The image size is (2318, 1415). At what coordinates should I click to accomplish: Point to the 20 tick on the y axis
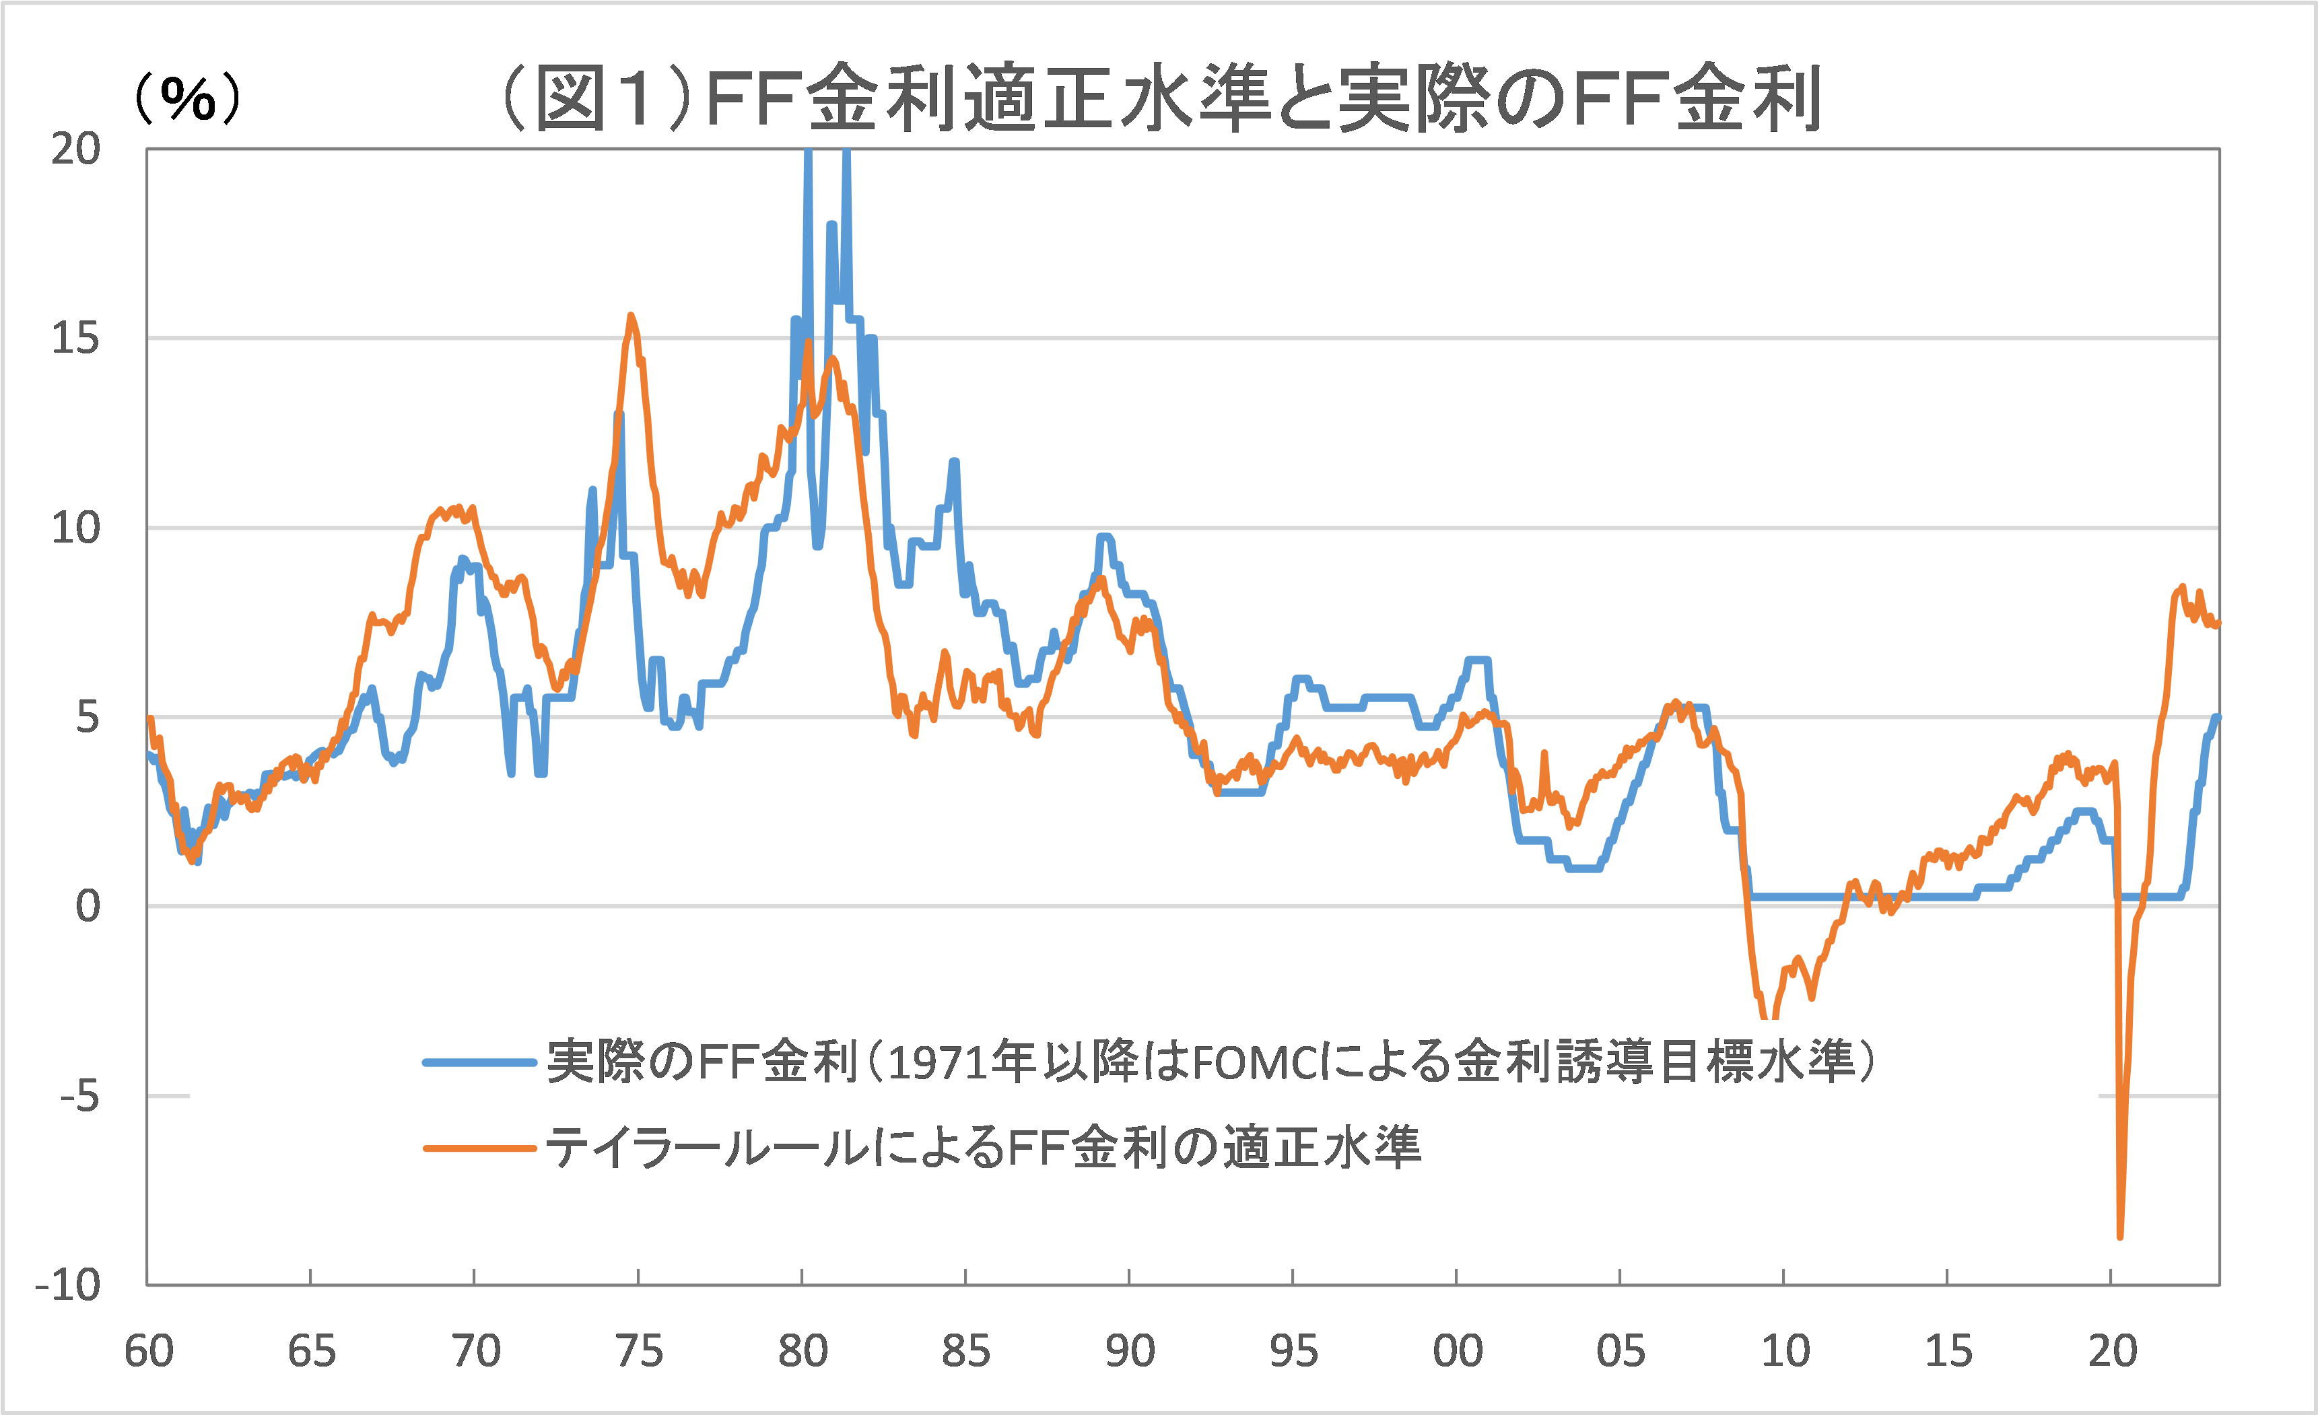pyautogui.click(x=75, y=149)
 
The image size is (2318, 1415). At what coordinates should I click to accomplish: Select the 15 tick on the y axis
pyautogui.click(x=75, y=339)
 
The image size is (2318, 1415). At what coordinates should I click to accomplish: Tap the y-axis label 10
pyautogui.click(x=75, y=528)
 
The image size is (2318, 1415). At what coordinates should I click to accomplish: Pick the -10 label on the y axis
pyautogui.click(x=68, y=1285)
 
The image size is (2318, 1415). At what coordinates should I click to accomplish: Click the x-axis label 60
pyautogui.click(x=149, y=1352)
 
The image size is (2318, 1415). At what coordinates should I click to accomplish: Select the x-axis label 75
pyautogui.click(x=639, y=1352)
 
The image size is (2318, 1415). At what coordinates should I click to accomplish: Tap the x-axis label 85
pyautogui.click(x=966, y=1352)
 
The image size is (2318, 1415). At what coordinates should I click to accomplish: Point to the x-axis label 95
pyautogui.click(x=1293, y=1352)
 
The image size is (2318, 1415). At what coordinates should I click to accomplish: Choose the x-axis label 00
pyautogui.click(x=1457, y=1352)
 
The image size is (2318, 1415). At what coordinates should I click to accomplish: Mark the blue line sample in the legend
pyautogui.click(x=480, y=1063)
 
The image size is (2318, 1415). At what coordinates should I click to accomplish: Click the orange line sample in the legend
pyautogui.click(x=480, y=1148)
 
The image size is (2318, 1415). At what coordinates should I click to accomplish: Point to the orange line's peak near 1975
pyautogui.click(x=630, y=316)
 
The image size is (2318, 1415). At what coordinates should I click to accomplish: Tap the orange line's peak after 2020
pyautogui.click(x=2181, y=586)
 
